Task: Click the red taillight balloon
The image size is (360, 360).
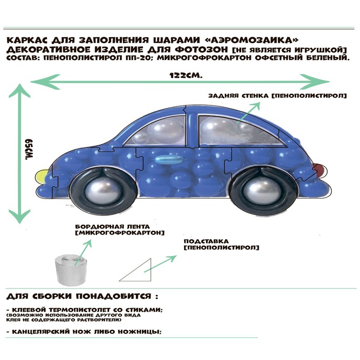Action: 318,168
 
